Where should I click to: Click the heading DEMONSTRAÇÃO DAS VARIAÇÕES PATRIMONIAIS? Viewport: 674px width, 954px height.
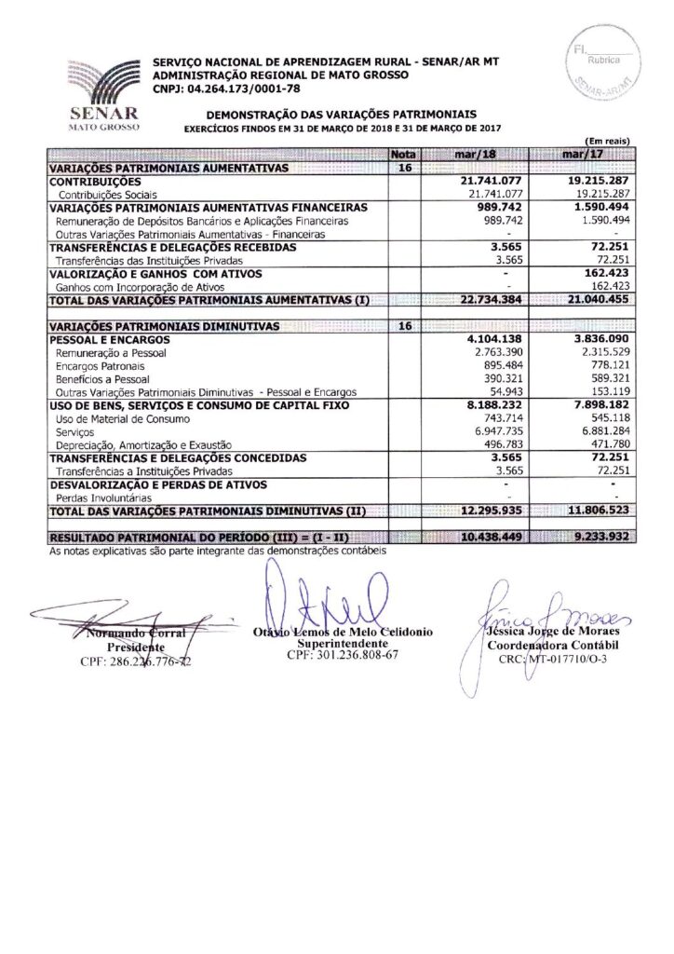343,113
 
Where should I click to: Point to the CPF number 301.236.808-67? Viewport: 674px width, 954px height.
343,655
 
